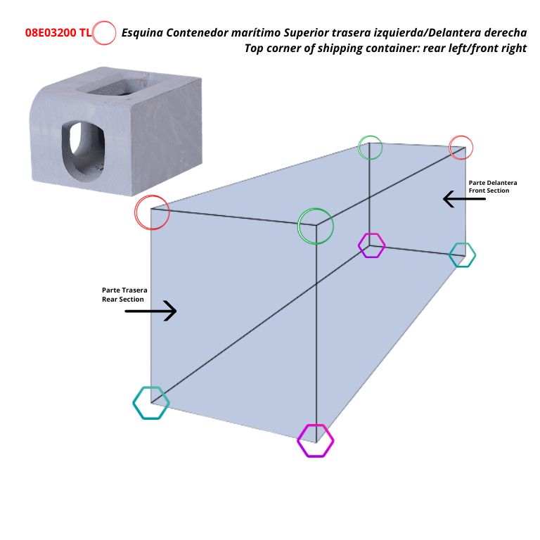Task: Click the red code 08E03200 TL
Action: click(58, 33)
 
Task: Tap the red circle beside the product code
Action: click(104, 33)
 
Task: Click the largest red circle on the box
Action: click(152, 212)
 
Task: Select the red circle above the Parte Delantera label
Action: click(461, 148)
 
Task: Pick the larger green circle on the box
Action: click(316, 226)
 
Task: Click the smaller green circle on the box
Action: click(371, 148)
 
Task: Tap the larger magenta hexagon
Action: click(315, 441)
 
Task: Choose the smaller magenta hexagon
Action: click(371, 245)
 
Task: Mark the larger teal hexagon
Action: click(151, 403)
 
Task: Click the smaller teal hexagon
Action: click(462, 255)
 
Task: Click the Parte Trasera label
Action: click(124, 290)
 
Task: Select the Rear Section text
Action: click(123, 300)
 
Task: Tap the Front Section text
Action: click(489, 191)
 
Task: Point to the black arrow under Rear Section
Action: click(150, 310)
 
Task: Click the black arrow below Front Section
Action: click(464, 199)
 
